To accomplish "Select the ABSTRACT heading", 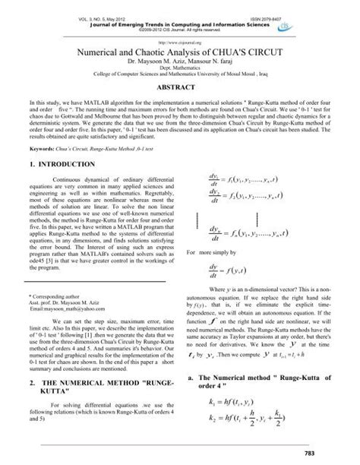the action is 179,88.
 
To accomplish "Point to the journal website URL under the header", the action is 179,43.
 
